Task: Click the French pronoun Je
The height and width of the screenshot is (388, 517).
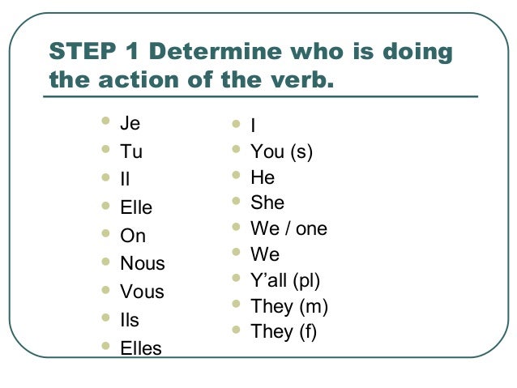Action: [x=130, y=124]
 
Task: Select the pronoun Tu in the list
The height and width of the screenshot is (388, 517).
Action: [x=130, y=151]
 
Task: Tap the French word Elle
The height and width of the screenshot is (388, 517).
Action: [x=136, y=208]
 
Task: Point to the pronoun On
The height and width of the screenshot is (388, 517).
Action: [x=133, y=236]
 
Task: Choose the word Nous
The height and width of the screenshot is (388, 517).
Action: [x=142, y=263]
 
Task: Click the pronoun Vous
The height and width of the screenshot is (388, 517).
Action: [x=142, y=292]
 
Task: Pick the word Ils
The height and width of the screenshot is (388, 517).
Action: [x=130, y=320]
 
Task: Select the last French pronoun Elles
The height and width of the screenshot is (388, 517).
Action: [x=141, y=348]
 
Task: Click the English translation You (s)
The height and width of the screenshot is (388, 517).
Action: [x=281, y=151]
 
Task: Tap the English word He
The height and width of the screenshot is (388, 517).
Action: [x=263, y=177]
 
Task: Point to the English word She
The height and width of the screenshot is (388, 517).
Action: [x=267, y=203]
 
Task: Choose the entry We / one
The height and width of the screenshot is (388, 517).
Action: [x=288, y=228]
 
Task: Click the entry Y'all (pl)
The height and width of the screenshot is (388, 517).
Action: [x=285, y=280]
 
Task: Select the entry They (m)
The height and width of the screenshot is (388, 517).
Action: [x=289, y=306]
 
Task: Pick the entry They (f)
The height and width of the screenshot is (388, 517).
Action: [x=284, y=331]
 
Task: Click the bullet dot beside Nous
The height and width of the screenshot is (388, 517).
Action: [x=105, y=262]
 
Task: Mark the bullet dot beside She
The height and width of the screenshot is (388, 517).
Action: [x=236, y=201]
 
